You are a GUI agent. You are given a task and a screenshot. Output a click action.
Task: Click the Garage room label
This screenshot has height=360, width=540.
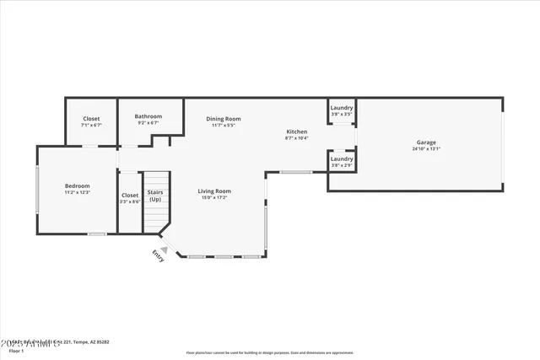click(425, 142)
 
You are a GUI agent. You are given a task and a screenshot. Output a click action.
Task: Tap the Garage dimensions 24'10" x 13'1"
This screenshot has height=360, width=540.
click(425, 149)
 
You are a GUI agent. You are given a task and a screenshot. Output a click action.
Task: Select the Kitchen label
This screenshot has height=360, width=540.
click(297, 132)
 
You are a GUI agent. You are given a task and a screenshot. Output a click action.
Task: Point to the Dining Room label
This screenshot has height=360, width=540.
click(224, 119)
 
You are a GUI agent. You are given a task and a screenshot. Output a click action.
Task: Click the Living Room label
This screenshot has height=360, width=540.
click(215, 191)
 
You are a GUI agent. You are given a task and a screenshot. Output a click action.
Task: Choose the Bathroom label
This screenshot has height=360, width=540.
click(148, 116)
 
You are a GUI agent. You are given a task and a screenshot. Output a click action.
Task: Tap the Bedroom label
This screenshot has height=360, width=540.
click(77, 185)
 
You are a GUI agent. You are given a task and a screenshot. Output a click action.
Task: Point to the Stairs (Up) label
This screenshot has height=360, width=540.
click(155, 196)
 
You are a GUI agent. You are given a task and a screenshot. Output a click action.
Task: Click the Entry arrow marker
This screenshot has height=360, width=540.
click(164, 248)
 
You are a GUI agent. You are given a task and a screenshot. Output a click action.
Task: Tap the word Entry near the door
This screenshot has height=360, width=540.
click(158, 255)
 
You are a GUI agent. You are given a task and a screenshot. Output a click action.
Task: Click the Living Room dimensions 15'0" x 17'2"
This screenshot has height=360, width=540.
click(215, 197)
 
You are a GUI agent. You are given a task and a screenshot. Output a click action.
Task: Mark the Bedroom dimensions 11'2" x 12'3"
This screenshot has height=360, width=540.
click(77, 192)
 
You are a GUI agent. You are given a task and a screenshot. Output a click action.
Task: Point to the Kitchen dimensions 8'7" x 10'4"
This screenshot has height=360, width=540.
click(297, 138)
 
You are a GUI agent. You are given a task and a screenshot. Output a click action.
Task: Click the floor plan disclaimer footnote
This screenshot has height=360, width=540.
click(270, 352)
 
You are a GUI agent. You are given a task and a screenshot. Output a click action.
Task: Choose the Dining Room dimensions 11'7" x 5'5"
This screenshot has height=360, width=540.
click(224, 126)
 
